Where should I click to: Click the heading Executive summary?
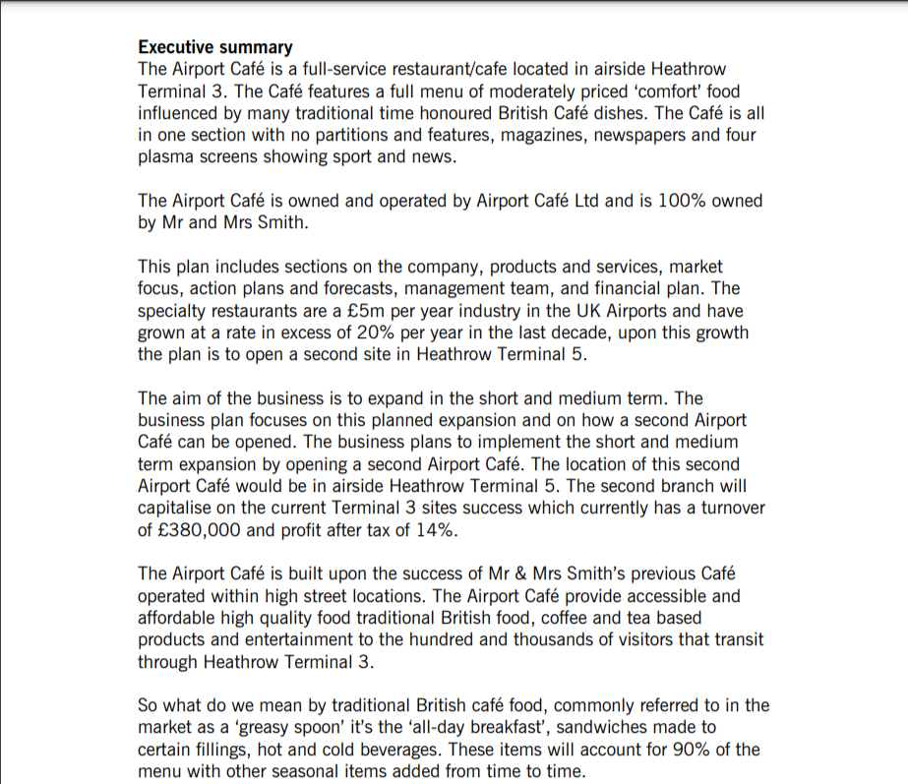[x=214, y=47]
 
